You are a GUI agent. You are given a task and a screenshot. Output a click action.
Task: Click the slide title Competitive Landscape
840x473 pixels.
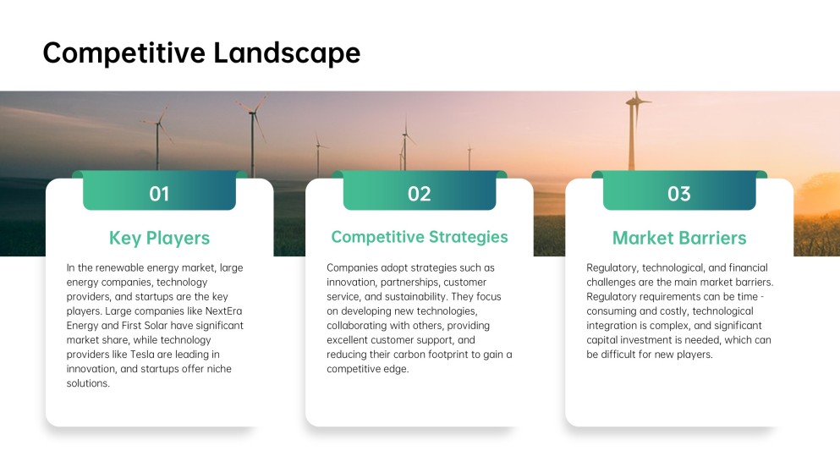pos(201,52)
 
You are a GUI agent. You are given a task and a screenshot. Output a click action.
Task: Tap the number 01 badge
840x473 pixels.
pos(159,194)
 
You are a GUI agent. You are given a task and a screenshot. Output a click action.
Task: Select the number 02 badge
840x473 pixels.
pos(419,194)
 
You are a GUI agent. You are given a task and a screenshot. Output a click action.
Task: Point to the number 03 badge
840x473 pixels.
pos(679,194)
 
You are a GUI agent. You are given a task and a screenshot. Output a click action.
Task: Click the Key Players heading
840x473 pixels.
pos(159,237)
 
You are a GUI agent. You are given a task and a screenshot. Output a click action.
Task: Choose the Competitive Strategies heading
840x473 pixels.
pos(419,237)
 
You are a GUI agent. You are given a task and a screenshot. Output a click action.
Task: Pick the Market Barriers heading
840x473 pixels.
pos(679,237)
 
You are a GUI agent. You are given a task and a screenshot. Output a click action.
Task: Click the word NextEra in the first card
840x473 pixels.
pos(223,311)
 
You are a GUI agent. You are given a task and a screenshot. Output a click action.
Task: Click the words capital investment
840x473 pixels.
pos(629,340)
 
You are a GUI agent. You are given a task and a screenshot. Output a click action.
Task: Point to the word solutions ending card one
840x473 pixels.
pos(87,383)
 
